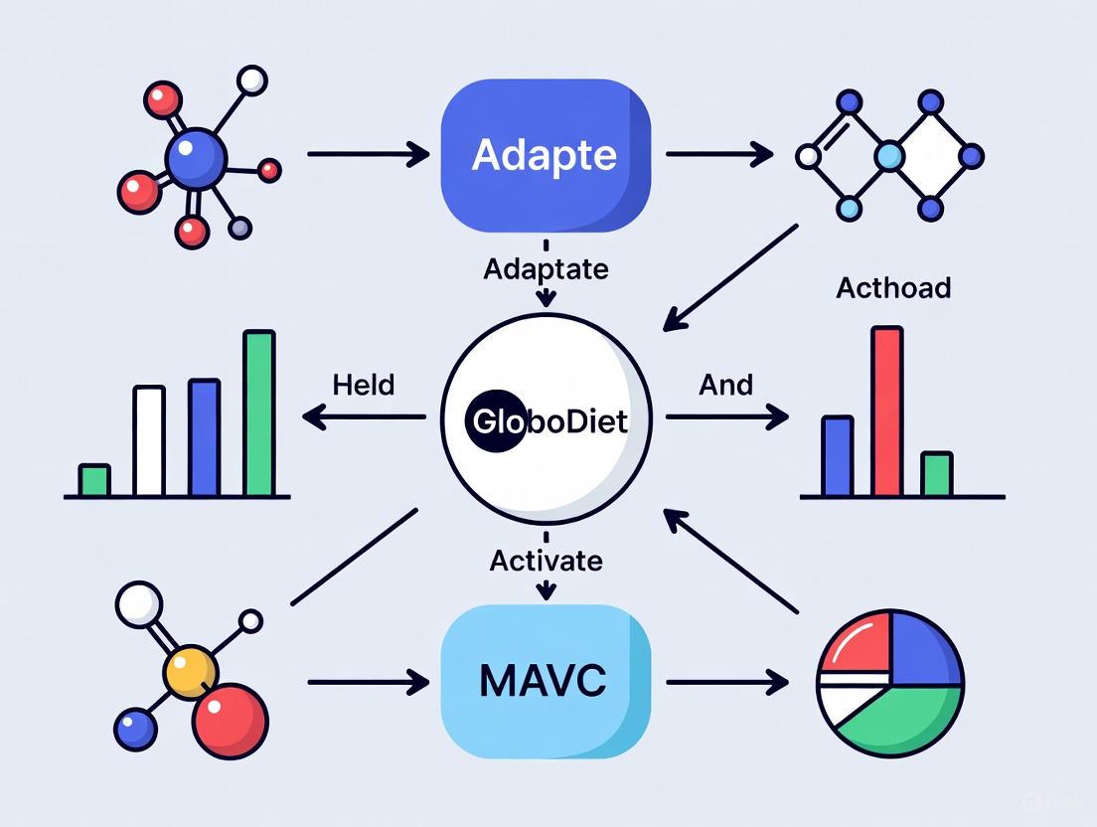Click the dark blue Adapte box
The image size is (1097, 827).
(x=545, y=155)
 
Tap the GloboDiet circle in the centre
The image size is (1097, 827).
(x=545, y=419)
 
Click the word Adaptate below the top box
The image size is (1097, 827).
(x=545, y=268)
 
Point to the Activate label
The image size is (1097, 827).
(x=545, y=561)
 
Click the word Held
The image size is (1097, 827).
(x=363, y=385)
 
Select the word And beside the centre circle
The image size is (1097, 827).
(x=725, y=385)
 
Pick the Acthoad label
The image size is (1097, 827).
(x=892, y=288)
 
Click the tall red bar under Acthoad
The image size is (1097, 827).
(x=886, y=412)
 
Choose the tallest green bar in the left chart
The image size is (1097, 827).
(x=259, y=413)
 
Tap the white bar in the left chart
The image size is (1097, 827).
(x=149, y=441)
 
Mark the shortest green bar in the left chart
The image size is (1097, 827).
(x=94, y=480)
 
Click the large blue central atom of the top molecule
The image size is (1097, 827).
(x=197, y=157)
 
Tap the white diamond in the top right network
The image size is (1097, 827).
(x=930, y=155)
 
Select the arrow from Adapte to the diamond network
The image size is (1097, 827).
(x=717, y=154)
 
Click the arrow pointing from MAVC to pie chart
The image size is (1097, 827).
(x=725, y=682)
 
